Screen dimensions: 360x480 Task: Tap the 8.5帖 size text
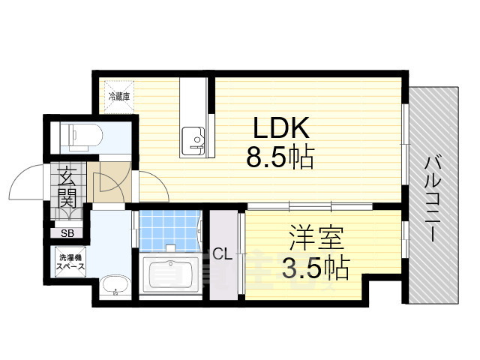pyautogui.click(x=280, y=157)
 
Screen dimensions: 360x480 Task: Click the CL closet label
pyautogui.click(x=221, y=253)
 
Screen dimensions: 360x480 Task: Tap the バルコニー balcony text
pyautogui.click(x=433, y=196)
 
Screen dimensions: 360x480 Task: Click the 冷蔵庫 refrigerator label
pyautogui.click(x=120, y=96)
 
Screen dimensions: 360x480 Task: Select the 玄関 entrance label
pyautogui.click(x=67, y=190)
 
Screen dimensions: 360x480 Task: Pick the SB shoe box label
pyautogui.click(x=67, y=233)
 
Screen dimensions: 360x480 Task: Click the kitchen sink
pyautogui.click(x=193, y=139)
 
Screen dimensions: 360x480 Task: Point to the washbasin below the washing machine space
pyautogui.click(x=115, y=285)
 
